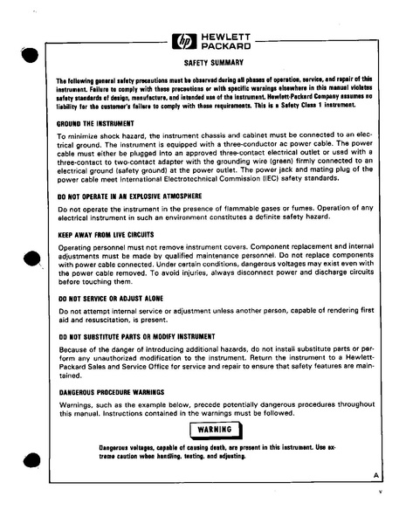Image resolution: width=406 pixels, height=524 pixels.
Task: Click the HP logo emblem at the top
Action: click(x=187, y=41)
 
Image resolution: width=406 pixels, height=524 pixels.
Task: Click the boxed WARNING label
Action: click(x=214, y=430)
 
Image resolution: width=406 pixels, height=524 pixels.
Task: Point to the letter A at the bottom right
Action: click(x=374, y=475)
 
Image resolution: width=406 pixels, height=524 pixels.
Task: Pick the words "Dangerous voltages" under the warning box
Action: click(x=127, y=447)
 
